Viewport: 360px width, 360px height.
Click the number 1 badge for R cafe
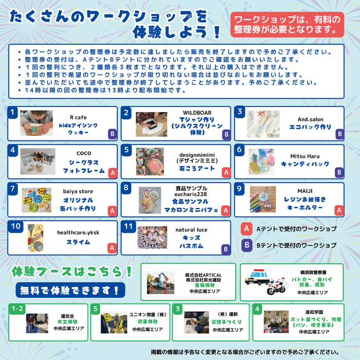tap(14, 112)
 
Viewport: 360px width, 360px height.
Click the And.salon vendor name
tap(310, 119)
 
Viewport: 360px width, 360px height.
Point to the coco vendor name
tap(83, 153)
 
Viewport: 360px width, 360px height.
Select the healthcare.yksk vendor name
tap(78, 232)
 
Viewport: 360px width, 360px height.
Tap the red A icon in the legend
tap(247, 228)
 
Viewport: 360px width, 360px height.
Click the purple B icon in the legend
tap(247, 245)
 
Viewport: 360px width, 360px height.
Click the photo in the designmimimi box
tap(150, 161)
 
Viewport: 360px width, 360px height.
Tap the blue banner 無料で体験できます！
tap(69, 290)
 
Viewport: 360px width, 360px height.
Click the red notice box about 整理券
tap(287, 25)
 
